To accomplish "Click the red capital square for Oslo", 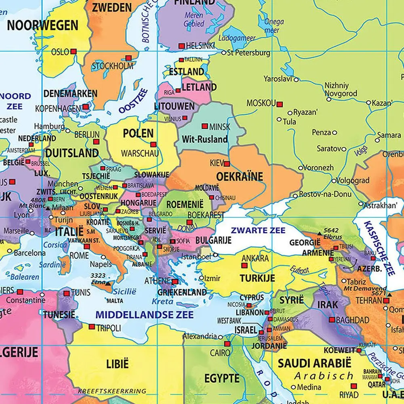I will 73,52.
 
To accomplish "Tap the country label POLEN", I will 138,133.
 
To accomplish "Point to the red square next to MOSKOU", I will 280,103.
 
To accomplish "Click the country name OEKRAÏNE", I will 240,177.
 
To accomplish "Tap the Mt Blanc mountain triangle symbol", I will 48,208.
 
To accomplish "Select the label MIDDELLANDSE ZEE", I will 144,314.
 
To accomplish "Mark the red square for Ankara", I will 244,265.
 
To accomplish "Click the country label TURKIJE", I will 257,278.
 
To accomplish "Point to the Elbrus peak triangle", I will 320,234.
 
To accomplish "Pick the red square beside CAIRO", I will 227,344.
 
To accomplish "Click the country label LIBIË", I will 117,364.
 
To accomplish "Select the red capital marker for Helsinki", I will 181,46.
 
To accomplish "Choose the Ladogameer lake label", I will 237,38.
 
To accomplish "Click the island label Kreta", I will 162,301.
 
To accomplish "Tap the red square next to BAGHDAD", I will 332,320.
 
